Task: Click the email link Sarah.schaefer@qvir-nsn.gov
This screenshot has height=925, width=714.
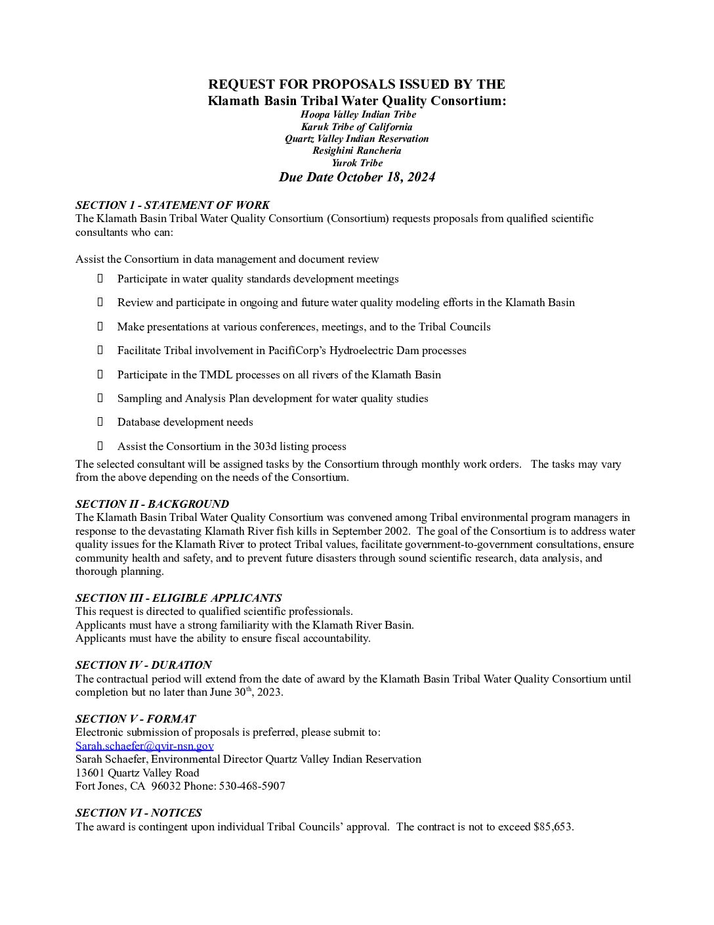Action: (x=144, y=746)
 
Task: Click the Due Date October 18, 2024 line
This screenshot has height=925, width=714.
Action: (x=356, y=177)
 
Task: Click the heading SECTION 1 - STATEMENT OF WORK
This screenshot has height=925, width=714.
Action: (x=172, y=205)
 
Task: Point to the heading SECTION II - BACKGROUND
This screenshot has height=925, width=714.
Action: (x=152, y=504)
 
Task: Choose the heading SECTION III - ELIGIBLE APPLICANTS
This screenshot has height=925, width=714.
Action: (x=178, y=598)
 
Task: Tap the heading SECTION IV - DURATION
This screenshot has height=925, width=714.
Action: (x=143, y=665)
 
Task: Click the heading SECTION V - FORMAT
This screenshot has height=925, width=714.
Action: (x=135, y=719)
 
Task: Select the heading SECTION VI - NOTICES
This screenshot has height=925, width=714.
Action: (x=138, y=813)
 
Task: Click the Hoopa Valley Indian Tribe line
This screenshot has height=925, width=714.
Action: (x=358, y=114)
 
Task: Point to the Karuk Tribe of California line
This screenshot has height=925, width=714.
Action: (x=356, y=127)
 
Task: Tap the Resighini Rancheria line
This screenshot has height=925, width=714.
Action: (x=356, y=150)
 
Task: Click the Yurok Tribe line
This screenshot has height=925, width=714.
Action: (x=356, y=163)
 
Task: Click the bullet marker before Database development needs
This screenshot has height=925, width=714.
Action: (x=100, y=422)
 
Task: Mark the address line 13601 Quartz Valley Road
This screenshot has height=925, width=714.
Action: (x=137, y=773)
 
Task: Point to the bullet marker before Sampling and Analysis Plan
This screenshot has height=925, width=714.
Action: (x=100, y=398)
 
